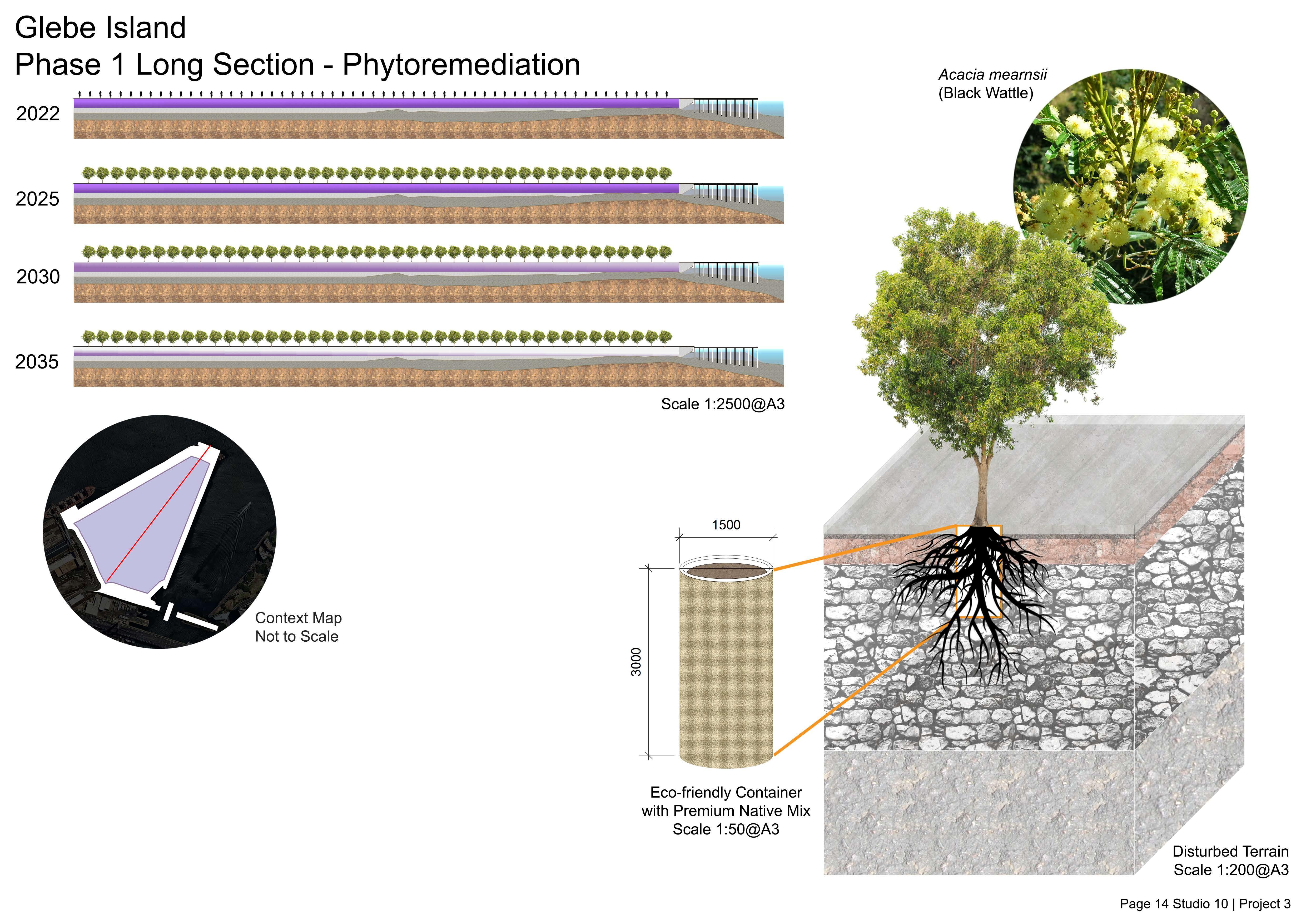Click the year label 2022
(x=38, y=114)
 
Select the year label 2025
(x=38, y=199)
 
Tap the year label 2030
(x=38, y=277)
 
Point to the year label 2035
(x=37, y=362)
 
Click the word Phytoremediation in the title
(x=461, y=64)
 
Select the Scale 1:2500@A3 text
(x=722, y=404)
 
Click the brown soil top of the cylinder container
(x=726, y=571)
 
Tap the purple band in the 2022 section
(x=375, y=103)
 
